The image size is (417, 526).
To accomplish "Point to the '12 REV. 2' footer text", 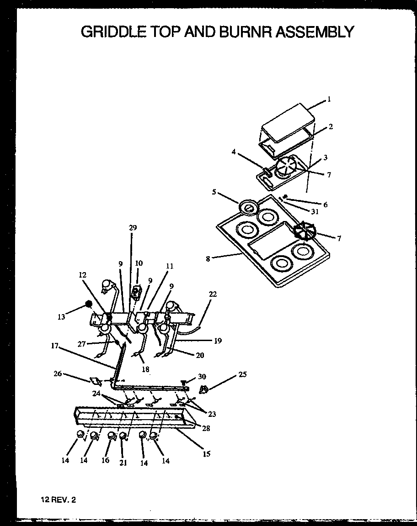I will (x=58, y=500).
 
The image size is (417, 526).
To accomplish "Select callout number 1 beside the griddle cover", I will (x=328, y=99).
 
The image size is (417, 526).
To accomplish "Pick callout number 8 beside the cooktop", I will (x=208, y=258).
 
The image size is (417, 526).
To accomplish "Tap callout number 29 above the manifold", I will (x=133, y=227).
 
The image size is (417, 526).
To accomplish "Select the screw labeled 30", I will (x=184, y=381).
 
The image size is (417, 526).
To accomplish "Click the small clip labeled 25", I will (x=204, y=389).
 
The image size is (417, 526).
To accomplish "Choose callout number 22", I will (x=213, y=295).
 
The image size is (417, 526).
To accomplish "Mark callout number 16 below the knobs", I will (x=106, y=460).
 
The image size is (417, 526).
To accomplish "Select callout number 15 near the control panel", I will (x=206, y=454).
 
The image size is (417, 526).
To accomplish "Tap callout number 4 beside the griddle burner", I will (x=234, y=153).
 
